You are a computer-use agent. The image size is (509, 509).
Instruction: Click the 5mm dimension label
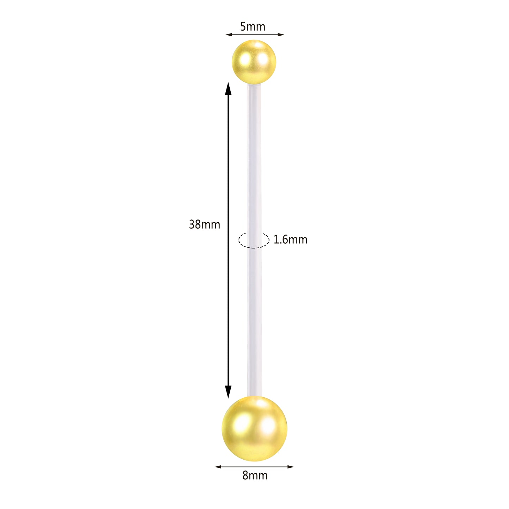click(253, 26)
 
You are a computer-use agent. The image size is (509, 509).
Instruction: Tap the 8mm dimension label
click(255, 476)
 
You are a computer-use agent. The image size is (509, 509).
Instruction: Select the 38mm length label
click(204, 224)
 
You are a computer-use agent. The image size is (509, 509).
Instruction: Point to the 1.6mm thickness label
click(290, 240)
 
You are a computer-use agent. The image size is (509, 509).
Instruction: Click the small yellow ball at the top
click(254, 62)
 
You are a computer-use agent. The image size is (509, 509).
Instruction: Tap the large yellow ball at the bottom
click(254, 428)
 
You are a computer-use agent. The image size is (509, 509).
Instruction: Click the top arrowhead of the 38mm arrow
click(228, 88)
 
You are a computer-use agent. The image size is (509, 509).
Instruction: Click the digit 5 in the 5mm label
click(243, 26)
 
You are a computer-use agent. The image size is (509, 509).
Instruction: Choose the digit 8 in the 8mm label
click(246, 476)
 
